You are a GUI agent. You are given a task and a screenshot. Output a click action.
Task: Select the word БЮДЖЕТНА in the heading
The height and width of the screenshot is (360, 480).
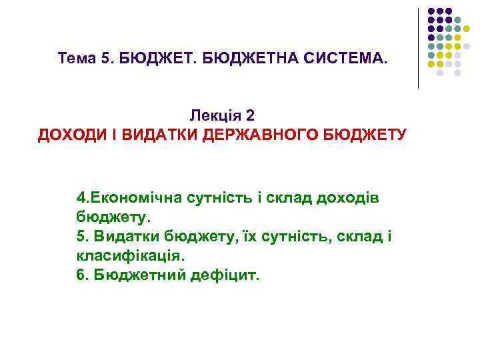(x=247, y=59)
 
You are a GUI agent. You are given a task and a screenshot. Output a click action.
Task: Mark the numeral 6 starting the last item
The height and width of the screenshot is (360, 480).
(x=81, y=275)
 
